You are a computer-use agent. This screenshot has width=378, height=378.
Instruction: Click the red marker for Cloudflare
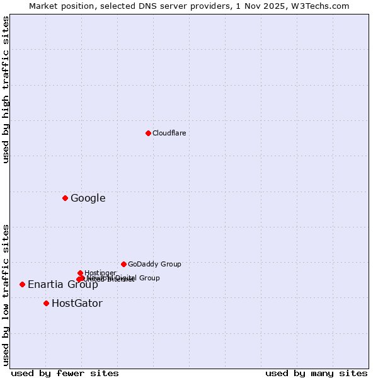coord(148,133)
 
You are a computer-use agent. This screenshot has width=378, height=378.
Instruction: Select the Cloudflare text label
coord(169,133)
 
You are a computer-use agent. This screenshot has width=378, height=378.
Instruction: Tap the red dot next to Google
coord(65,198)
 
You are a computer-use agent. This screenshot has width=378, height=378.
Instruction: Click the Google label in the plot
coord(88,198)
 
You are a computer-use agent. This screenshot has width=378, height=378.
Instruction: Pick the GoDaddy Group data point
coord(123,264)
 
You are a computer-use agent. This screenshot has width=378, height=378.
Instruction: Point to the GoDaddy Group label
coord(154,264)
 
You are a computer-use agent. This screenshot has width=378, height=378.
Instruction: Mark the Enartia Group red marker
coord(22,284)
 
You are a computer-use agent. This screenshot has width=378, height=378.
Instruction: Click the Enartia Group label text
coord(62,285)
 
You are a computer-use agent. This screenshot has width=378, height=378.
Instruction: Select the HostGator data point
coord(46,303)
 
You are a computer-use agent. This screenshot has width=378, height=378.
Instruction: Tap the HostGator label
coord(77,304)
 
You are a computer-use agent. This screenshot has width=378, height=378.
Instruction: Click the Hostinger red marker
coord(80,273)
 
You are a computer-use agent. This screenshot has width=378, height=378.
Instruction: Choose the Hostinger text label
coord(100,273)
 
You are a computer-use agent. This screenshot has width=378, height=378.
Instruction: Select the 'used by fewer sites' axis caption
coord(65,373)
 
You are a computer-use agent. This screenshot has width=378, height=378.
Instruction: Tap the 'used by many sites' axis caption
coord(316,373)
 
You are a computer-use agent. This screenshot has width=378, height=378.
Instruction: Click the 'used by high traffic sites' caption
coord(6,89)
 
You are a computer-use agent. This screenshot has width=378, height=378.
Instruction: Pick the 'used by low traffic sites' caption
coord(6,294)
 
